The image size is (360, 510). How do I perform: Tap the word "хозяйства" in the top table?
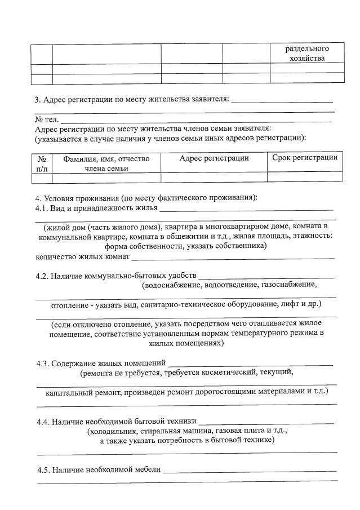(306, 59)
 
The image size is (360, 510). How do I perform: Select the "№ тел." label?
(47, 119)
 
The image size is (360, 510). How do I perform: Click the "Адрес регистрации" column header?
(214, 158)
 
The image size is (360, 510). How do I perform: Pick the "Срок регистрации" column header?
(305, 158)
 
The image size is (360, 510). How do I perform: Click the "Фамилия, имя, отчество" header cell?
(106, 159)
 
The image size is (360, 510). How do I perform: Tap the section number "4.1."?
(43, 208)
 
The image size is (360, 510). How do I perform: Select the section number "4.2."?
(43, 276)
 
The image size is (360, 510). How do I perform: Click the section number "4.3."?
(44, 363)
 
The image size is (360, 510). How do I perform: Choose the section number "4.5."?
(44, 469)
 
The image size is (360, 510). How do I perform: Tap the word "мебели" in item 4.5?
(148, 469)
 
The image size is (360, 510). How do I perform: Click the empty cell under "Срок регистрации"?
(305, 177)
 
